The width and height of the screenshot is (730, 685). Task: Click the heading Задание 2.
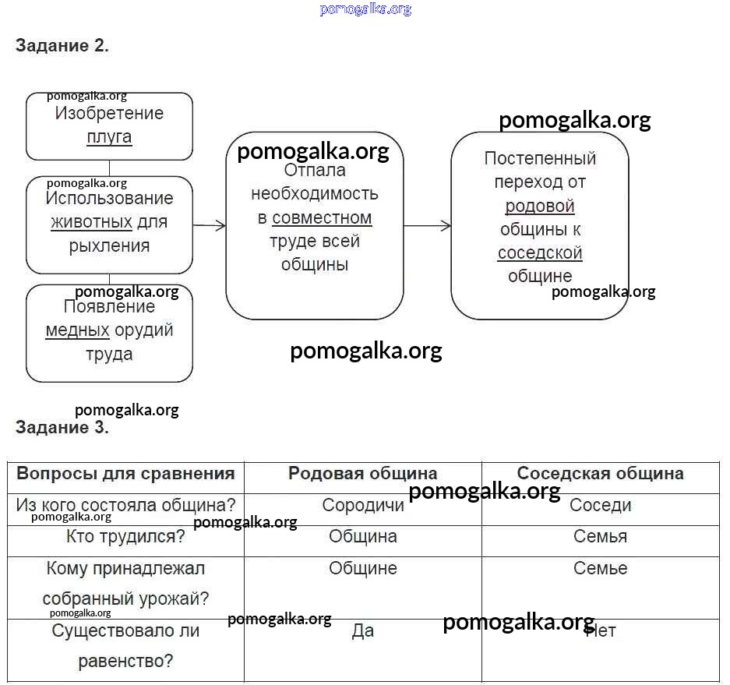[62, 45]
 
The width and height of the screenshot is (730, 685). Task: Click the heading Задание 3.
[62, 427]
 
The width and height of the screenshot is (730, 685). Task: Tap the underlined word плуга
[109, 137]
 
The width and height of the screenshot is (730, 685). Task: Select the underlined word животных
[91, 222]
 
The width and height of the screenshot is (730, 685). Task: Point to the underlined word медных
[77, 330]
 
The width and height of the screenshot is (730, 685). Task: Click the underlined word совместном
[322, 217]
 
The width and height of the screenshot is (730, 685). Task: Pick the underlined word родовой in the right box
[540, 206]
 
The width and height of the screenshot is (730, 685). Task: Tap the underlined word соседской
[540, 252]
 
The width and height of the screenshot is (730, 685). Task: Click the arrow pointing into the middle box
[210, 226]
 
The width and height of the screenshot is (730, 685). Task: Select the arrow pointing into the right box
[428, 226]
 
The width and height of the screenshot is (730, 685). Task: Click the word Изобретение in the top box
[109, 114]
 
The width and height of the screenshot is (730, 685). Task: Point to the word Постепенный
[540, 158]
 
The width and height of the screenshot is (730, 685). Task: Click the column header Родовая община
[362, 473]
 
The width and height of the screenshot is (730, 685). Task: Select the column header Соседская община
[600, 473]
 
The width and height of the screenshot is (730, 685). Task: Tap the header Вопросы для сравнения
[125, 473]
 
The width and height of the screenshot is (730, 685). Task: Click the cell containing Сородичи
[363, 505]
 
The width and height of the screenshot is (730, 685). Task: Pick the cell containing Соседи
[600, 505]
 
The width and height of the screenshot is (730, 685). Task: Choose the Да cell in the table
[363, 630]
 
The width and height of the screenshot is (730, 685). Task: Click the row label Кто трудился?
[125, 536]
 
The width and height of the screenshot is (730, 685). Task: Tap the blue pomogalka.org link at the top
[365, 9]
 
